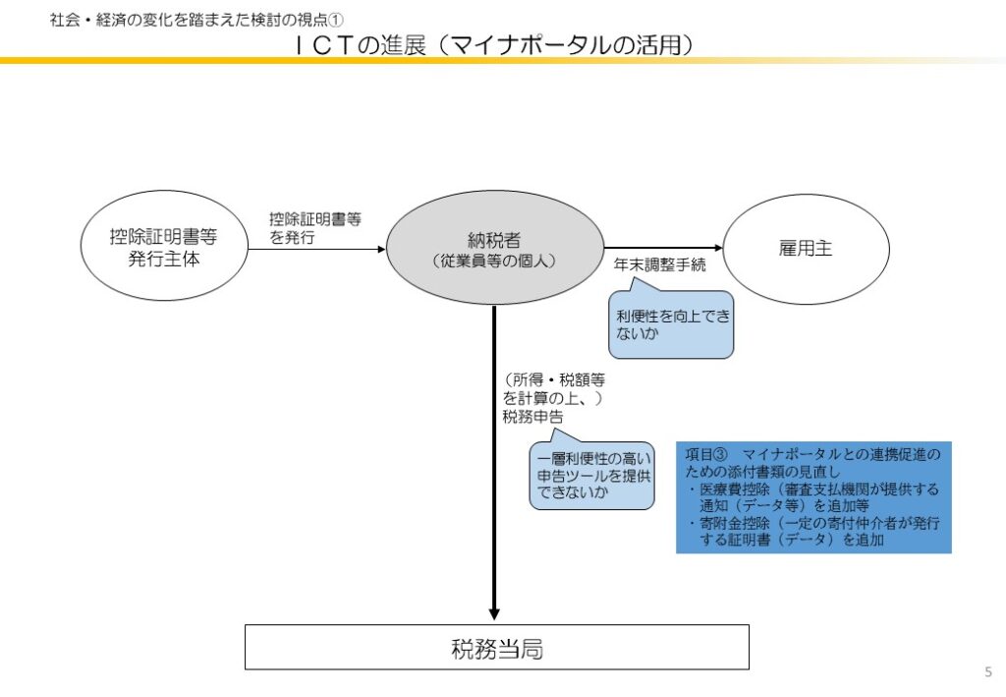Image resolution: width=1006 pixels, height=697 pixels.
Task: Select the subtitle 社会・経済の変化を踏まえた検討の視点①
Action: (x=196, y=20)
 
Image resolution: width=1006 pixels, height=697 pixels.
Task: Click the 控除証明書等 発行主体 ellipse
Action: (x=163, y=249)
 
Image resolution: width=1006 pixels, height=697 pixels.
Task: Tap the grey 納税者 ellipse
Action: (x=494, y=248)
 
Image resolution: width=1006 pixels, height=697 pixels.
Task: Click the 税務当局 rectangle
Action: (x=496, y=648)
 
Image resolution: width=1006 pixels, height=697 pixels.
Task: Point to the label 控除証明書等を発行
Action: (x=314, y=228)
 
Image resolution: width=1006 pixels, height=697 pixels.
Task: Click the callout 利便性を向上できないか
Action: (x=673, y=325)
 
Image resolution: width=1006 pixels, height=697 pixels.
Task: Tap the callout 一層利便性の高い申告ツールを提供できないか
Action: (x=591, y=476)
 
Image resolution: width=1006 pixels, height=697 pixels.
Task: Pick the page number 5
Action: (x=987, y=671)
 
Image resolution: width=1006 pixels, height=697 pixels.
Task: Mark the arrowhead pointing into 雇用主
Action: (x=716, y=249)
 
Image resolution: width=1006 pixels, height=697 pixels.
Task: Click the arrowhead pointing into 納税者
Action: (x=380, y=249)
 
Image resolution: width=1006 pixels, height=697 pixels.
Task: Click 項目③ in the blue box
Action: (x=705, y=454)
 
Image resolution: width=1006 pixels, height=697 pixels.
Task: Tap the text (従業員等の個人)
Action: (x=494, y=261)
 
